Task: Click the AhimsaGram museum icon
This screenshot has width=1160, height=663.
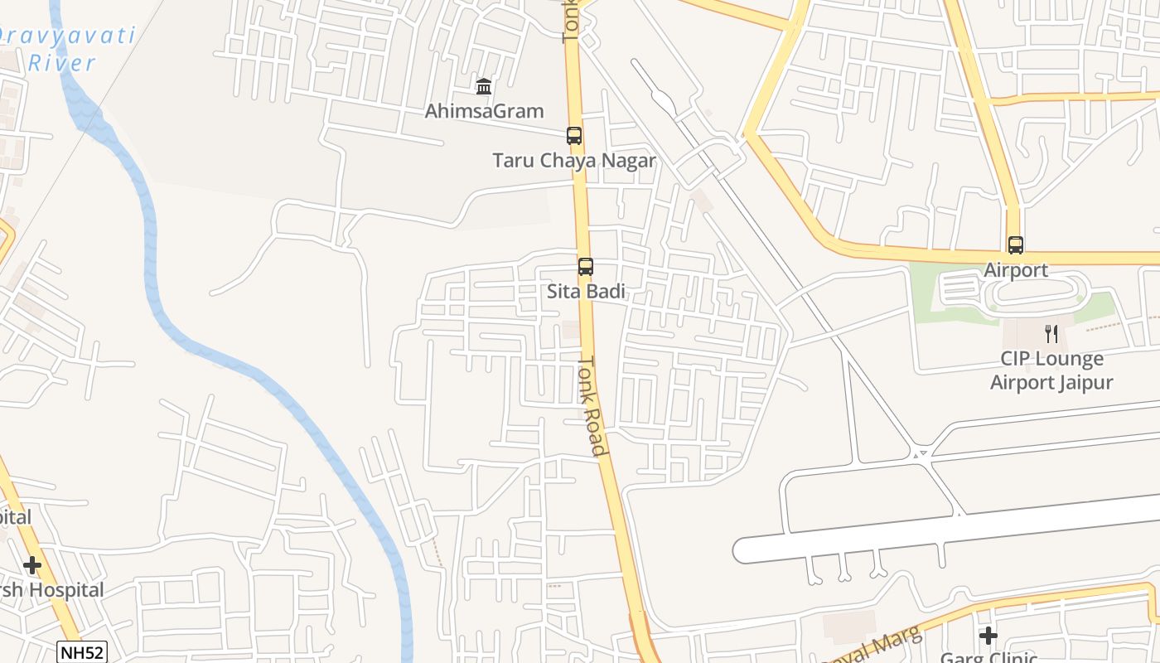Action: coord(484,86)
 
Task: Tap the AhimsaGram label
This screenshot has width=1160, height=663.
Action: coord(484,111)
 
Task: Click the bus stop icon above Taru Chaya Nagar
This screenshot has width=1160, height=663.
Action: coord(573,136)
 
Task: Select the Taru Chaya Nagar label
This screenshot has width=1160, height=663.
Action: coord(573,161)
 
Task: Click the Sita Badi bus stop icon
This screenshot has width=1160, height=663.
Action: coord(586,267)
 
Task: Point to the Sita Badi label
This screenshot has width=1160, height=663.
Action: coord(586,292)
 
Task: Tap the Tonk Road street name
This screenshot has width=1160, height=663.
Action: coord(593,406)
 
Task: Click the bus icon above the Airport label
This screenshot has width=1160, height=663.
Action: coord(1016,245)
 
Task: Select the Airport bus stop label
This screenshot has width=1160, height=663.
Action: coord(1016,270)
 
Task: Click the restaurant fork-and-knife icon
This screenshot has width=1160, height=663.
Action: coord(1051,334)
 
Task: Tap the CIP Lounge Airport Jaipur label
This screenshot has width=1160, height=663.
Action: coord(1051,370)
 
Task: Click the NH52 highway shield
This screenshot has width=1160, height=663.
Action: coord(83,652)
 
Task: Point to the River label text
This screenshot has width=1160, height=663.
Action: coord(62,62)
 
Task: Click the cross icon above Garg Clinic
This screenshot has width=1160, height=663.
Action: coord(988,636)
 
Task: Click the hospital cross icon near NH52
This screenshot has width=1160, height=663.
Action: coord(32,565)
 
